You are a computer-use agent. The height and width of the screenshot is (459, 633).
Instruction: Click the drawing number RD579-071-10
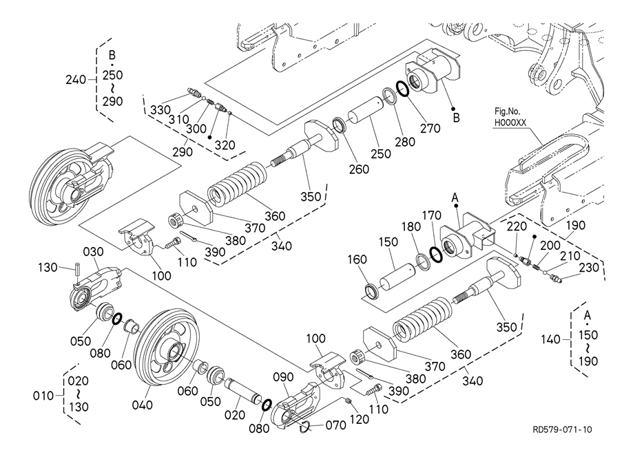(x=561, y=430)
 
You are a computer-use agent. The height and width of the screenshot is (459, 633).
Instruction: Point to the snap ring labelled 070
(x=304, y=429)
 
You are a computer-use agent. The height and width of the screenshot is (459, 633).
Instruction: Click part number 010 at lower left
(x=45, y=396)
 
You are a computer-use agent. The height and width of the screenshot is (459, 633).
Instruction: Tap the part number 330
(x=160, y=110)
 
